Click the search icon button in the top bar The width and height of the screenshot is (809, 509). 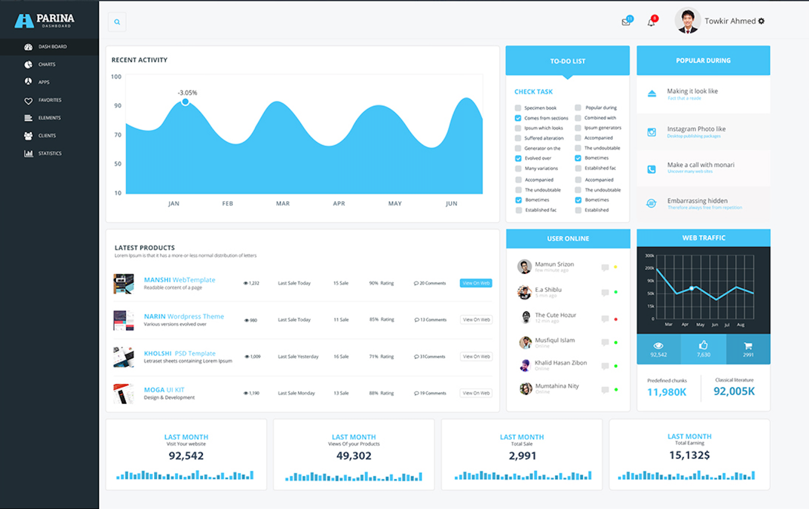tap(117, 22)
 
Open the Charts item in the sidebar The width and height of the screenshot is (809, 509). tap(47, 64)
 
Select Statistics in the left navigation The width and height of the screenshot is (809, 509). tap(49, 153)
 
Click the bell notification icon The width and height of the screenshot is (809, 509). tap(651, 22)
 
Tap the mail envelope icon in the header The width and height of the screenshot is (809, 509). tap(626, 22)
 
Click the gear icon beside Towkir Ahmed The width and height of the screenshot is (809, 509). tap(761, 21)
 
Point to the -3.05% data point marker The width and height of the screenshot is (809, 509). tap(185, 102)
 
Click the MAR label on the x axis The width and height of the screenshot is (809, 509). tap(283, 204)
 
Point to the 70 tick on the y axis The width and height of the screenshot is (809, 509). tap(118, 135)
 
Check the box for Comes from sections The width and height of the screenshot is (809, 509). tap(518, 118)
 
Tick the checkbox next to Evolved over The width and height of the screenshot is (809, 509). tap(518, 158)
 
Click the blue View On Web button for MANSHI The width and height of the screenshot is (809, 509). tap(476, 283)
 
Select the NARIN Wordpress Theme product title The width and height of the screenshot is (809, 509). tap(184, 316)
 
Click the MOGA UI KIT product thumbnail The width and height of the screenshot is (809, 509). tap(123, 394)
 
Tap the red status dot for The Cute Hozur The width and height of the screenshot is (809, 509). tap(616, 319)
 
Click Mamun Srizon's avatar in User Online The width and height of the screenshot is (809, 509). tap(524, 266)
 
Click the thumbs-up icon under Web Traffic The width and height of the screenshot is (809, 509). tap(703, 345)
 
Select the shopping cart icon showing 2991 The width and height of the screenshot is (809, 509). tap(748, 346)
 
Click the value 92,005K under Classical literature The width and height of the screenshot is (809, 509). tap(734, 391)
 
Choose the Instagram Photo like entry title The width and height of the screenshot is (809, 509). tap(696, 129)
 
